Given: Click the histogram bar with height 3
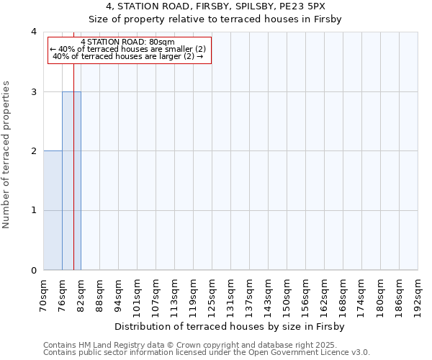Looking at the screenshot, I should click(71, 181).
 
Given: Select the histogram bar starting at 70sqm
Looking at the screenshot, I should click(53, 210).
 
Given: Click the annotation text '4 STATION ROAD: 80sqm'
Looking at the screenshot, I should click(128, 42).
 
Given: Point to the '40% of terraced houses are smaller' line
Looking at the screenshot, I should click(128, 49).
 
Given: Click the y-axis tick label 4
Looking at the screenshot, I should click(34, 32).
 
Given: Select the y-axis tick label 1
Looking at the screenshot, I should click(34, 211).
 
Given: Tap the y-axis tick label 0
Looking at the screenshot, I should click(34, 271).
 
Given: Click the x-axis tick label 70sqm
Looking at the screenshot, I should click(44, 292).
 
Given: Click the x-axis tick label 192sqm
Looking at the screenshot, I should click(418, 294).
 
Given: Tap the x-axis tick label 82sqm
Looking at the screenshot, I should click(81, 292).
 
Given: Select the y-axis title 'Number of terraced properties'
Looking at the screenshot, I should click(7, 154).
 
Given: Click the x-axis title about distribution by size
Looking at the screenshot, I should click(230, 327).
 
